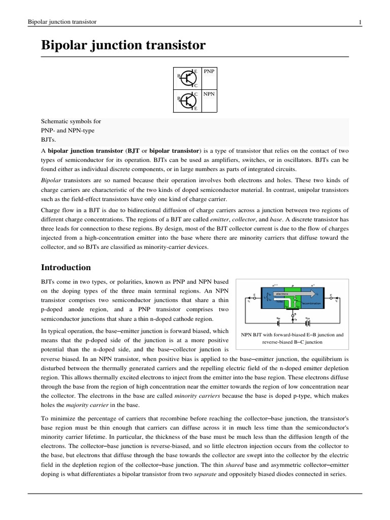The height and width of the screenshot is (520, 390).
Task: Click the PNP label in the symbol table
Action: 208,72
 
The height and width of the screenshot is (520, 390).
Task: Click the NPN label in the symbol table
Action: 208,94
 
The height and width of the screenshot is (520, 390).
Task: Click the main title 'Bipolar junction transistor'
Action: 123,45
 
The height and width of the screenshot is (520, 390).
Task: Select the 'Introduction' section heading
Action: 66,267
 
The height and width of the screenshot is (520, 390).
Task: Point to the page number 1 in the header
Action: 360,22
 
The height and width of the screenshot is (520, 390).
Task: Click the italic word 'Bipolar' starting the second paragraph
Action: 50,180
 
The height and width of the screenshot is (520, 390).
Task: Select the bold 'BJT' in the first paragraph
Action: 134,151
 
